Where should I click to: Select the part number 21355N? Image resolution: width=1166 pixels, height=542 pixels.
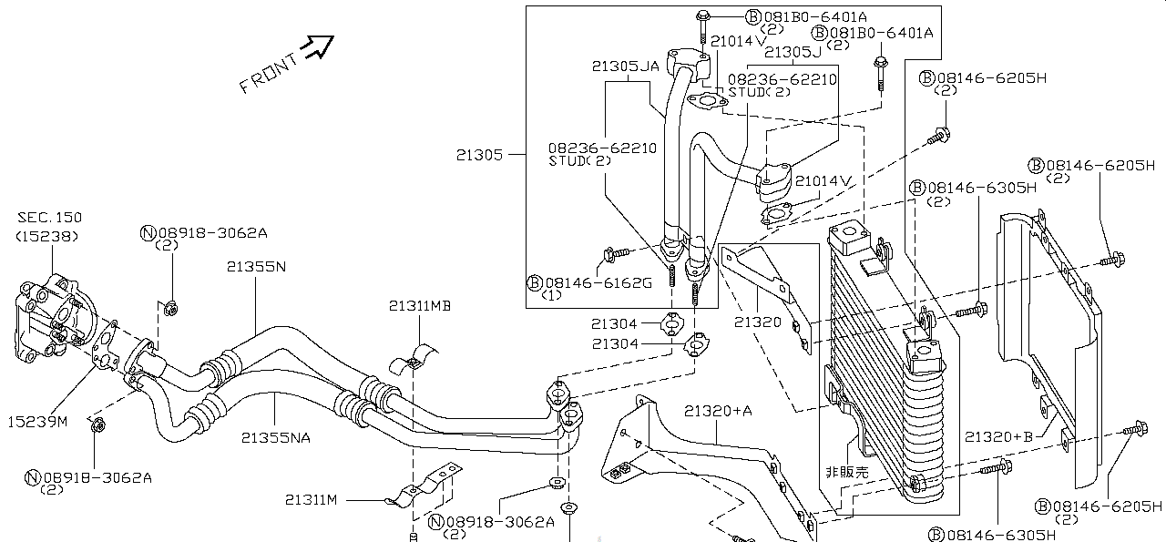[x=256, y=267]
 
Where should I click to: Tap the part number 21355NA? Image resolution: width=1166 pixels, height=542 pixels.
[x=275, y=437]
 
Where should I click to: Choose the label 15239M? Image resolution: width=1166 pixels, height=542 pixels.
[x=38, y=421]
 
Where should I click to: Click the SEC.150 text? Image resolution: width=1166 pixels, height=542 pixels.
[x=49, y=218]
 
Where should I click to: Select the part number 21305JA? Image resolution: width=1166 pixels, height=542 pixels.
[x=625, y=66]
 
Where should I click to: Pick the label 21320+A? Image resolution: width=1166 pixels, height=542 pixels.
[x=719, y=412]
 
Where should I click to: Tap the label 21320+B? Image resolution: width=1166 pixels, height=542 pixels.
[x=998, y=436]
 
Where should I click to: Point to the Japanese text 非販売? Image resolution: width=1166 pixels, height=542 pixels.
[x=846, y=472]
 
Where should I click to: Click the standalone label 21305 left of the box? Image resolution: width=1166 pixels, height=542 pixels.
[x=479, y=155]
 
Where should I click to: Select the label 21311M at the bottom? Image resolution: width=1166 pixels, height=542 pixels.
[x=311, y=499]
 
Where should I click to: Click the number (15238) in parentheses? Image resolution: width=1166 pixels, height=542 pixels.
[x=48, y=235]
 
